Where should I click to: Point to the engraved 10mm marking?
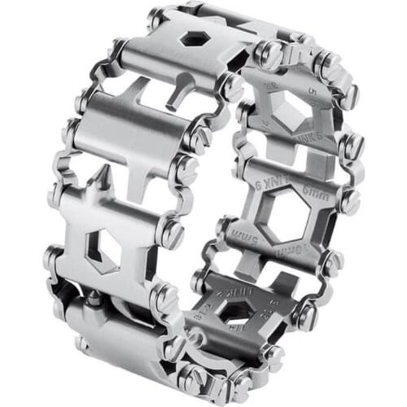pos(292,249)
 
